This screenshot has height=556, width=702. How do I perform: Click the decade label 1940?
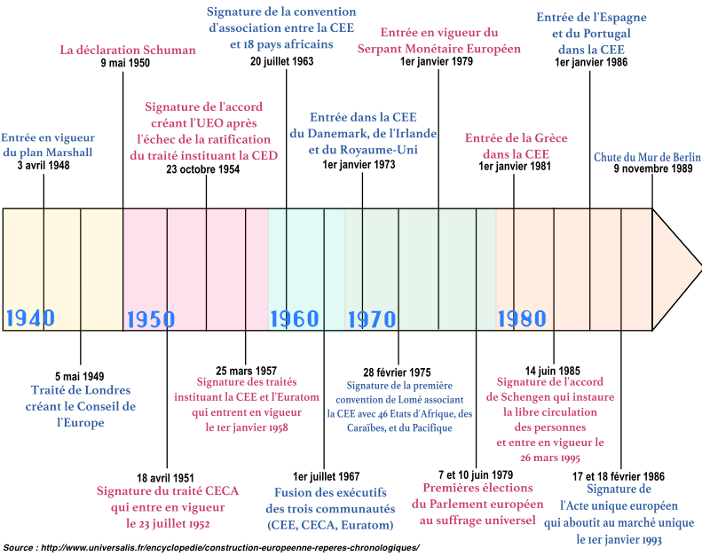click(30, 318)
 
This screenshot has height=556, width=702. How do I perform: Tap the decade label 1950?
click(151, 318)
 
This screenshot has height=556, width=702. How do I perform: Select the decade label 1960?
click(294, 318)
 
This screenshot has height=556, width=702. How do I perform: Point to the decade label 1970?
click(371, 318)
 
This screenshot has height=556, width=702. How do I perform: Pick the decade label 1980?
click(522, 318)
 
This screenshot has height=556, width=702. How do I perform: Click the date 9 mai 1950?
click(125, 64)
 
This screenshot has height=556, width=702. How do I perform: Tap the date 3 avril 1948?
click(43, 166)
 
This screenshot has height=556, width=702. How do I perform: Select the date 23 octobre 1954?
click(202, 169)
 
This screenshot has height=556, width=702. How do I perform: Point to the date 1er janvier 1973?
click(359, 165)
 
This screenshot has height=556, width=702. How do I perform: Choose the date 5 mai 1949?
click(80, 375)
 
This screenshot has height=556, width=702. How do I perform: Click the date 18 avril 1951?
click(166, 477)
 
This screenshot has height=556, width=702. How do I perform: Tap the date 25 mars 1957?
click(246, 370)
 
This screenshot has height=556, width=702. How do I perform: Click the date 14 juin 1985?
click(553, 370)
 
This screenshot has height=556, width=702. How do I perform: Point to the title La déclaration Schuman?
click(128, 50)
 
